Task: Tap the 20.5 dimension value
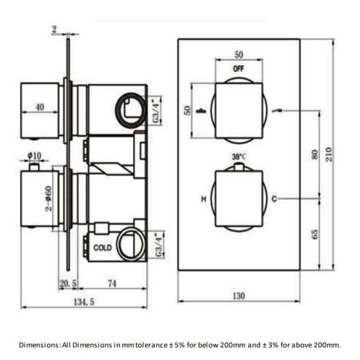point(68,283)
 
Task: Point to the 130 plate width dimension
point(239,296)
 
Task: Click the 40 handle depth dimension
point(40,107)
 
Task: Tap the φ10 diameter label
point(34,156)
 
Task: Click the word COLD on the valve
point(103,247)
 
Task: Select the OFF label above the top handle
point(238,69)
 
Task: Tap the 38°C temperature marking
point(238,157)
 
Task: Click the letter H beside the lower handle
point(203,198)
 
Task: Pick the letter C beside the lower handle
point(274,198)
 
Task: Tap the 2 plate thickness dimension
point(54,29)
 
